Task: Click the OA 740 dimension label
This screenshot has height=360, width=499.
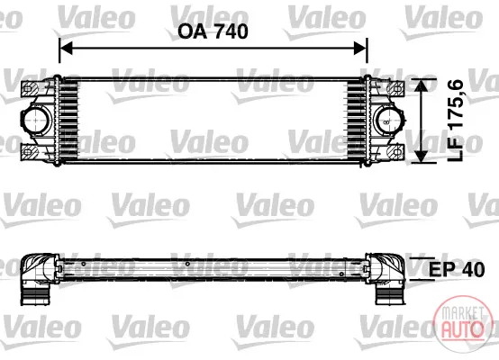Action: coord(213,31)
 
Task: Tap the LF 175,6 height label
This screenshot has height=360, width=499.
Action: coord(455,121)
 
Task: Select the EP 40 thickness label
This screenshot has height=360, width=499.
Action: coord(457,269)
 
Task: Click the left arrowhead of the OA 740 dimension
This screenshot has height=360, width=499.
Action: coord(66,49)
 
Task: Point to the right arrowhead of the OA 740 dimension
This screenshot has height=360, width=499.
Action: coord(361,49)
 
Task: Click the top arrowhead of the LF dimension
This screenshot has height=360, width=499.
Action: coord(422,85)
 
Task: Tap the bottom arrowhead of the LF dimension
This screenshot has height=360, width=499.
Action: coord(422,156)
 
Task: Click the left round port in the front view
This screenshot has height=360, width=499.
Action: coord(36,121)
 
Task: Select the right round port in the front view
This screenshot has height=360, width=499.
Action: coord(389,121)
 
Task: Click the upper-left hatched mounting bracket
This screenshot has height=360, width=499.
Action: coord(30,89)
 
